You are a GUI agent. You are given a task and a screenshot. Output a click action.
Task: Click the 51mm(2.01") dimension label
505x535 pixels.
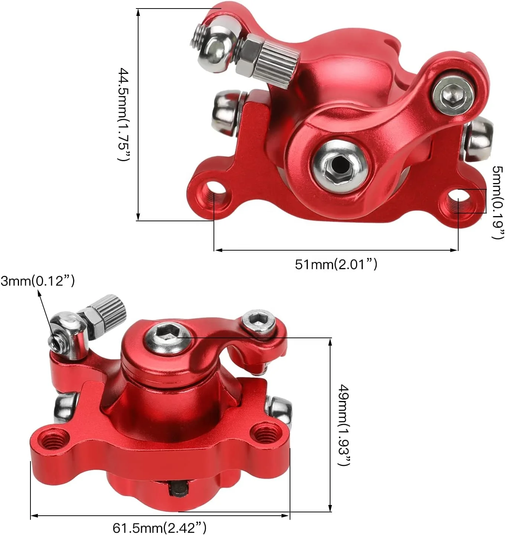pos(336,264)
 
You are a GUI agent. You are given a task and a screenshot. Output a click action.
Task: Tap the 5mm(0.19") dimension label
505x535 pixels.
pos(497,202)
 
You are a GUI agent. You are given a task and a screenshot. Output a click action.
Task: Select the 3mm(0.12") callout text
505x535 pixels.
pos(38,281)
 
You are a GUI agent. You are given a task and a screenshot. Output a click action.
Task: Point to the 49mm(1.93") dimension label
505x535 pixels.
pos(344,425)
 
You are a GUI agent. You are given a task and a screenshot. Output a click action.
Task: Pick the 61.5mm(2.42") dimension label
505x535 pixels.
pos(159,527)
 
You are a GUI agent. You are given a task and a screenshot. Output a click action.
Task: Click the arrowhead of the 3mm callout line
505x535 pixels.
pos(39,294)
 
